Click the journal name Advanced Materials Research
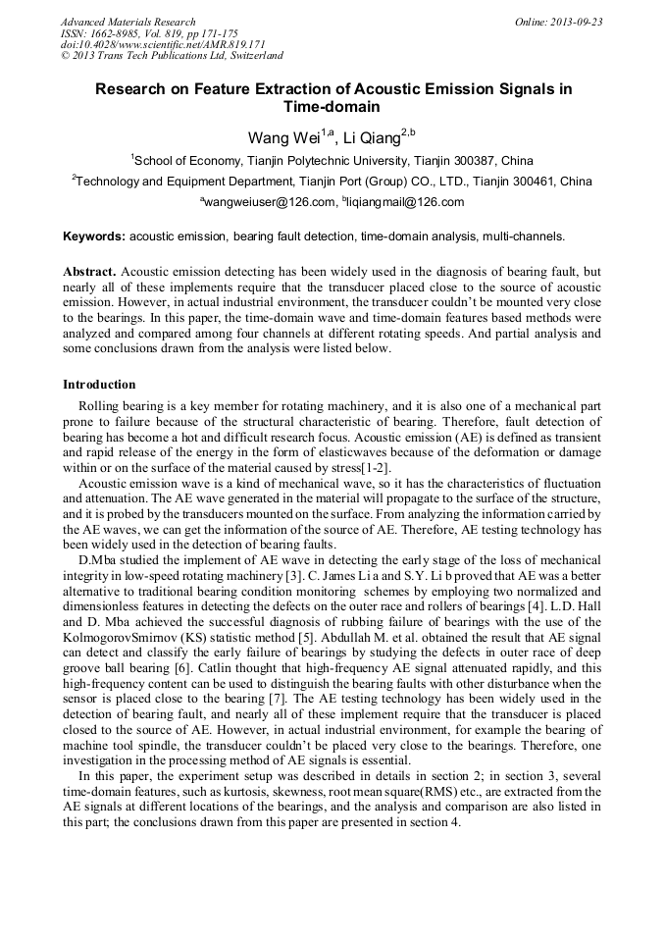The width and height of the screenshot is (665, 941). tap(128, 22)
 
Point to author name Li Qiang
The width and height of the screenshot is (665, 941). tap(371, 136)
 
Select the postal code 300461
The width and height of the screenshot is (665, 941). tap(525, 181)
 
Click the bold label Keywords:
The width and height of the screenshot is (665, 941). tap(94, 236)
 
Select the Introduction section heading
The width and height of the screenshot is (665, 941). tap(99, 384)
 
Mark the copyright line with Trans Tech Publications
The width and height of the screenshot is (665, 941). tap(172, 56)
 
